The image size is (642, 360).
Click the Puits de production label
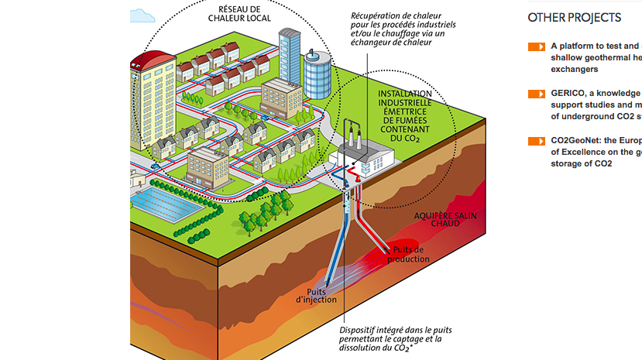[408, 254]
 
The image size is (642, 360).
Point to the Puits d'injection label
[318, 295]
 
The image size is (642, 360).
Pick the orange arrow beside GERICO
[537, 94]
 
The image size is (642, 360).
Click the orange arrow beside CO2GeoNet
[537, 141]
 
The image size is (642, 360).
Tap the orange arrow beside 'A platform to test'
[537, 46]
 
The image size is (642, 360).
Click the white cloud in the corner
[143, 15]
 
